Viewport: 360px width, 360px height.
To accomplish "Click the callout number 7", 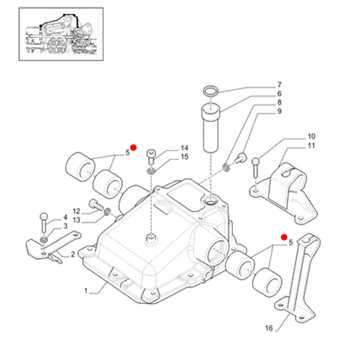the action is click(279, 85).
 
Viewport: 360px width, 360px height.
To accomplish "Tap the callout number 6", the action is click(279, 94).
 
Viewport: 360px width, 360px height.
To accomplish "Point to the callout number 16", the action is click(269, 328).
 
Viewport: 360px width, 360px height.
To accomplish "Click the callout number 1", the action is click(86, 291).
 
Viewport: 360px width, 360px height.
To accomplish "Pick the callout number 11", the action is click(311, 145).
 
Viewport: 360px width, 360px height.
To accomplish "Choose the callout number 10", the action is click(311, 136).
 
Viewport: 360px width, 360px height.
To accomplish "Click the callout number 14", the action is click(184, 148).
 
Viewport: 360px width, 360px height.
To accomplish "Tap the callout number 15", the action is click(184, 157).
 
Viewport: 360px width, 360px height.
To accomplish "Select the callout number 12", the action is click(76, 211).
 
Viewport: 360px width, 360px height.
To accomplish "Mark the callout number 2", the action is click(73, 254).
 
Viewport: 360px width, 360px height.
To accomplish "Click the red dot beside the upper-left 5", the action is click(133, 148).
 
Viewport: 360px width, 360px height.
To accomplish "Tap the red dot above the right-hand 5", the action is click(284, 237).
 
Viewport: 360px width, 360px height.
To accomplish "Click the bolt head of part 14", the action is click(151, 153).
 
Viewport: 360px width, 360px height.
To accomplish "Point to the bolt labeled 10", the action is click(256, 167).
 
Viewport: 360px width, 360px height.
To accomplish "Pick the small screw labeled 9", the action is click(241, 158).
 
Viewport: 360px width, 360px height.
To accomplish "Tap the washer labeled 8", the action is click(226, 167).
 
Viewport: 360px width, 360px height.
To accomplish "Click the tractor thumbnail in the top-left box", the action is click(61, 34).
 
